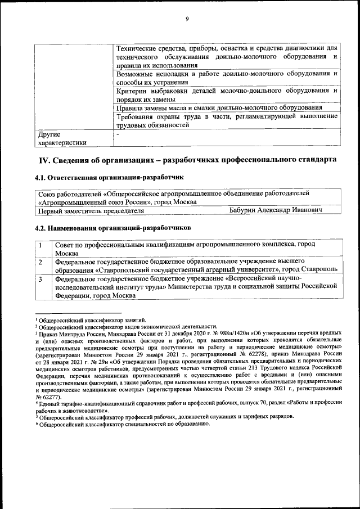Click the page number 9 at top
pos(187,19)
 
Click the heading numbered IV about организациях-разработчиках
pos(187,160)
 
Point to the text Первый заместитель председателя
pos(90,210)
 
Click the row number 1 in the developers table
pos(41,245)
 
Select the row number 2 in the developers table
pos(41,262)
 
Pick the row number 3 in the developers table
pos(41,278)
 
